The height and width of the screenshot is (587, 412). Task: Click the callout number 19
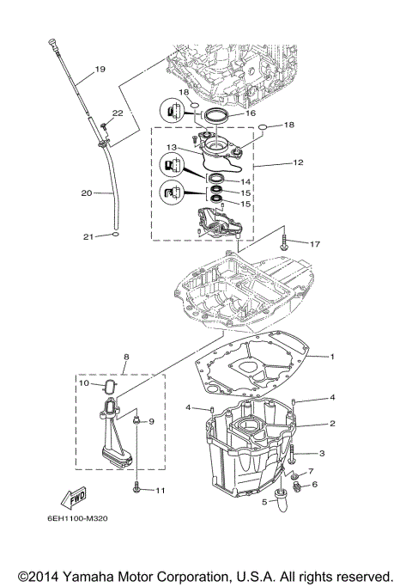point(100,69)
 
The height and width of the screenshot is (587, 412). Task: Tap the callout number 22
point(117,113)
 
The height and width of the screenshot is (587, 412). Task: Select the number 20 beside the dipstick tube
point(86,193)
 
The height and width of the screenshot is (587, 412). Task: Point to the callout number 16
point(251,113)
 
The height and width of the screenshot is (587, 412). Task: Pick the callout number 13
point(173,147)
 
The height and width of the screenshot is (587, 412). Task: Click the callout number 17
point(314,244)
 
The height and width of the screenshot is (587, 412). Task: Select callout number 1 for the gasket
point(333,355)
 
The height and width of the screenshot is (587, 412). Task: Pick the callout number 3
point(323,452)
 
